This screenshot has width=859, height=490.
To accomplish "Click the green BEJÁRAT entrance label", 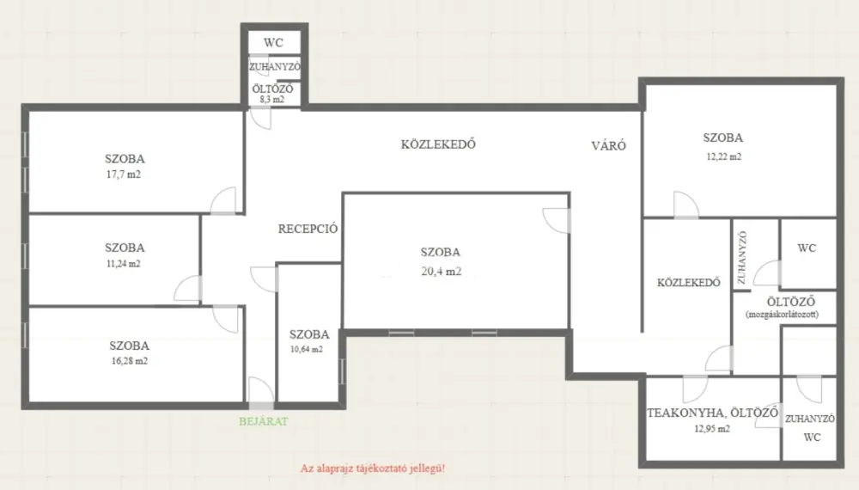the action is (x=264, y=421).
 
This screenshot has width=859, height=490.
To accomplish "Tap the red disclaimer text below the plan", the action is (x=373, y=469).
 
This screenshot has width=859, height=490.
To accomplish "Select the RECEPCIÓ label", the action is (x=308, y=229).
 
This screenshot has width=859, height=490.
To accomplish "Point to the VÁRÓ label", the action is (x=609, y=145).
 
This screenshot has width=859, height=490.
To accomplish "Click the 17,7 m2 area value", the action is (x=123, y=175).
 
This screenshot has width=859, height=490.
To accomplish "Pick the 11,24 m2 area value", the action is (x=123, y=264).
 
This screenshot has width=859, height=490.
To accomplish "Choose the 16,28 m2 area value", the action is (x=130, y=361).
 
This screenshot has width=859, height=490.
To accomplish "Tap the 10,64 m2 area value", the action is (x=307, y=349).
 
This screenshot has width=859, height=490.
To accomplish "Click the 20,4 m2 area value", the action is (x=441, y=271).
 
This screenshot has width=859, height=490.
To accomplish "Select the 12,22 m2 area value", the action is (x=723, y=156).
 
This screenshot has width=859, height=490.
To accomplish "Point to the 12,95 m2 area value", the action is (x=712, y=429).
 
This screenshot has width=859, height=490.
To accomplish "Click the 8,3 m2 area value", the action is (x=272, y=100).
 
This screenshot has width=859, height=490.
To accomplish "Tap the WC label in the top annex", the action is (x=273, y=43).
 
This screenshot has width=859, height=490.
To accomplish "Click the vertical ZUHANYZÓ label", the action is (x=742, y=258).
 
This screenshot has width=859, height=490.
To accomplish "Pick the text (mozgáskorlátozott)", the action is (x=783, y=315).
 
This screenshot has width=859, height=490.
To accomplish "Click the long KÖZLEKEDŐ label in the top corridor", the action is (x=438, y=144).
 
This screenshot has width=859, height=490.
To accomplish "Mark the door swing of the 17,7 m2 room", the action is (x=223, y=200).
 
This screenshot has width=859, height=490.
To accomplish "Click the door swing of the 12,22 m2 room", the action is (x=685, y=205).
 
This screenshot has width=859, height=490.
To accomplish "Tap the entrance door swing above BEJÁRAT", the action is (x=261, y=390).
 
